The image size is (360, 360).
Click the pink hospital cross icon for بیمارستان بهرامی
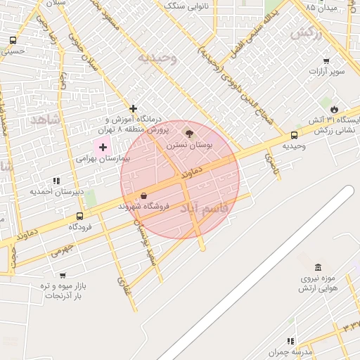[x=103, y=147]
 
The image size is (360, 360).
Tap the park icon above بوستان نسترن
[x=188, y=132]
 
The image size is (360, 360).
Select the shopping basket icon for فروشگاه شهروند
[x=144, y=195]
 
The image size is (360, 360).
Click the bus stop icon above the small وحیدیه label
[x=294, y=136]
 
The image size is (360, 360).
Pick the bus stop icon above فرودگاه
[x=79, y=217]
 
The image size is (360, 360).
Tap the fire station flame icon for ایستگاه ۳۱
[x=334, y=110]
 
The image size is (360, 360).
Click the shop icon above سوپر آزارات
[x=326, y=61]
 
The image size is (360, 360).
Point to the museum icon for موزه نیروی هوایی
[x=319, y=267]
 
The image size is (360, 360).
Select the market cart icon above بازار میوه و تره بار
[x=63, y=276]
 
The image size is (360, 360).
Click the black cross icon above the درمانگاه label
[x=133, y=108]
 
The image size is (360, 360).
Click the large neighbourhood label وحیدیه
[x=157, y=58]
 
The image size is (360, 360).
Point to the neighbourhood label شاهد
[x=46, y=120]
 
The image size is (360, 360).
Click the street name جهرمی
[x=62, y=250]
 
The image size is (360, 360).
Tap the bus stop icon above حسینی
[x=13, y=40]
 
